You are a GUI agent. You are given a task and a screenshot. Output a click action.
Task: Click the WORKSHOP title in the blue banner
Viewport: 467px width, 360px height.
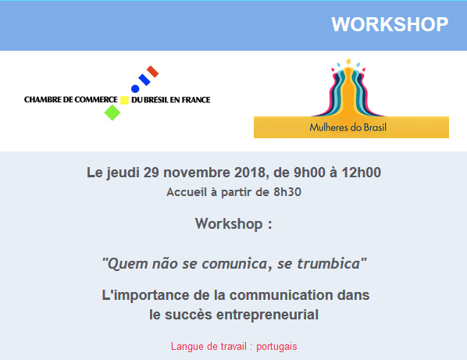click(x=390, y=24)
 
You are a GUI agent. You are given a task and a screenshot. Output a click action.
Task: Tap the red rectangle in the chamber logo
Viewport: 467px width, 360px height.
click(x=153, y=72)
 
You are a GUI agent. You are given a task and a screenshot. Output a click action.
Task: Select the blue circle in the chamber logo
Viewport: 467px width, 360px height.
click(x=135, y=89)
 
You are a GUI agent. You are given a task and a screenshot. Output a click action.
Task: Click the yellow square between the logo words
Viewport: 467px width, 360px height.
click(x=124, y=100)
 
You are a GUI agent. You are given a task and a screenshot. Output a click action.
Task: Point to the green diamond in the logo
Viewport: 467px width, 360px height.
click(x=112, y=112)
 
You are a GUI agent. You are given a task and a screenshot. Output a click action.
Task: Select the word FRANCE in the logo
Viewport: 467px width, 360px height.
click(x=196, y=100)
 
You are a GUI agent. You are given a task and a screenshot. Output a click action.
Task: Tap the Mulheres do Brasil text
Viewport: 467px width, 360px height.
click(x=348, y=127)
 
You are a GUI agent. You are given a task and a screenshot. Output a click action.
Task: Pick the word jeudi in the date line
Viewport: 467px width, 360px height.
click(x=123, y=173)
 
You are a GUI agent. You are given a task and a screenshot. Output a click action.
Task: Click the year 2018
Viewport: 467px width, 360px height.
click(x=250, y=173)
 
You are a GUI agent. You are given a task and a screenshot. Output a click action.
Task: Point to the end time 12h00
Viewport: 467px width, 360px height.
click(x=361, y=173)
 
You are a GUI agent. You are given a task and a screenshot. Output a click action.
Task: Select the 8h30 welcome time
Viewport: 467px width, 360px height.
click(x=287, y=192)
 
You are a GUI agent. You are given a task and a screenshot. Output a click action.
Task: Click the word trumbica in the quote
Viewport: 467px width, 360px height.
click(x=329, y=264)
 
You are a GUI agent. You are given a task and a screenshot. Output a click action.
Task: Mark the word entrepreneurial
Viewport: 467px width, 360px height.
click(x=267, y=315)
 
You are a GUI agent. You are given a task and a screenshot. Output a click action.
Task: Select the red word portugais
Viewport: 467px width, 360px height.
click(x=276, y=347)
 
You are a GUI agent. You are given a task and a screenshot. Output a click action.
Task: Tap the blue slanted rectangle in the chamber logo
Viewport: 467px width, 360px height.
click(x=144, y=80)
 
